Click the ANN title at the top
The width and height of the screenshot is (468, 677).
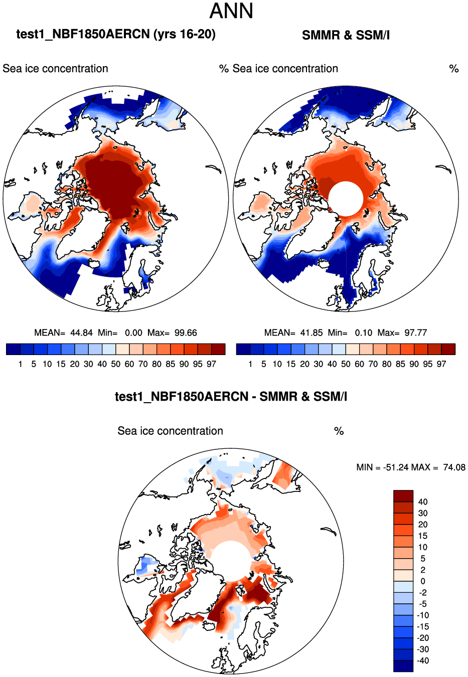click(231, 11)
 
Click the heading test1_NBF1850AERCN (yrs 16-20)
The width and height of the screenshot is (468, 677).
click(116, 34)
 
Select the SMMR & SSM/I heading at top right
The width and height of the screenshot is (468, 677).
click(346, 35)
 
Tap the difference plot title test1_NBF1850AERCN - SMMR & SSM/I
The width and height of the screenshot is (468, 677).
click(231, 397)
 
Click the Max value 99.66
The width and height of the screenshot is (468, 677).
click(186, 333)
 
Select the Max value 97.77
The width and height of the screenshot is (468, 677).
click(416, 333)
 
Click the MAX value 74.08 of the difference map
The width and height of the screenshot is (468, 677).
click(454, 467)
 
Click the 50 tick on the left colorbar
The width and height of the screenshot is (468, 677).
click(116, 364)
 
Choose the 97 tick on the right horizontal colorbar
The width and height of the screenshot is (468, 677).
click(441, 364)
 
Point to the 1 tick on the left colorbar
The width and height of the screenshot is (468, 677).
click(20, 364)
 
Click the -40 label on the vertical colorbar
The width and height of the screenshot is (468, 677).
click(422, 661)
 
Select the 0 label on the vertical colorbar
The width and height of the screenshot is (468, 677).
click(422, 581)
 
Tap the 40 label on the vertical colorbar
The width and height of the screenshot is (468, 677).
click(422, 502)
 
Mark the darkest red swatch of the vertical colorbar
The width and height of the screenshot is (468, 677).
click(403, 496)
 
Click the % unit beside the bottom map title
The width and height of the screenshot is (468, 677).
click(339, 431)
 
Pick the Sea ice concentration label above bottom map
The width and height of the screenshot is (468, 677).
click(170, 431)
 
